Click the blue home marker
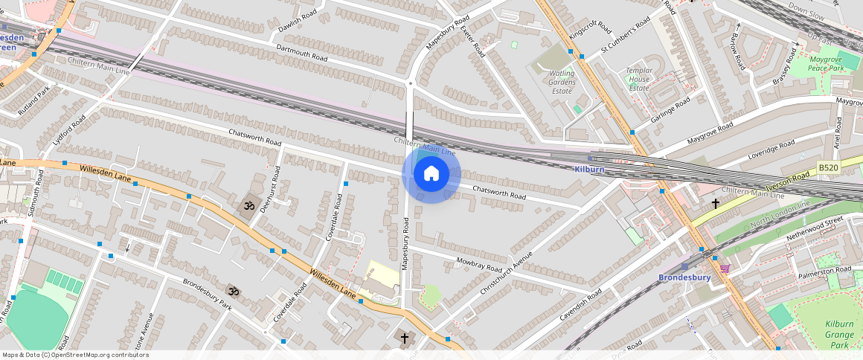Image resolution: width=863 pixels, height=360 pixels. pyautogui.click(x=431, y=174)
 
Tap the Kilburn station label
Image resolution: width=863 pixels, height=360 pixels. pyautogui.click(x=589, y=170)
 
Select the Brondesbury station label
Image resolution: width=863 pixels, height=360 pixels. pyautogui.click(x=684, y=277)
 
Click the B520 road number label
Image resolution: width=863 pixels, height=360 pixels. pyautogui.click(x=828, y=168)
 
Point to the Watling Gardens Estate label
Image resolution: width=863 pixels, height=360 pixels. pyautogui.click(x=562, y=82)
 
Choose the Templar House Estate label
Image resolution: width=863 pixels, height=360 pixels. pyautogui.click(x=639, y=79)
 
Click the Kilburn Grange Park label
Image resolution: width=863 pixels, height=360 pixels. pyautogui.click(x=840, y=334)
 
